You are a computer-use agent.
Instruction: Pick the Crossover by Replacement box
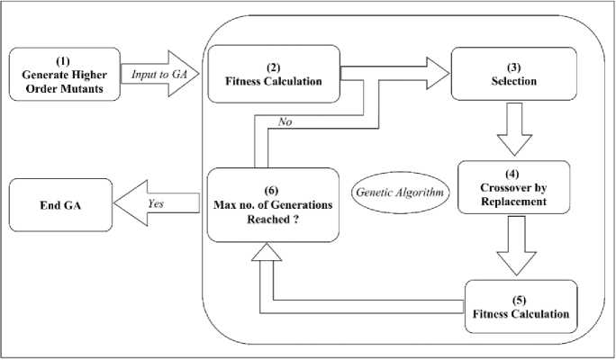coord(513,187)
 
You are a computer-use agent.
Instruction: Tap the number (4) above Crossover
coord(513,172)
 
